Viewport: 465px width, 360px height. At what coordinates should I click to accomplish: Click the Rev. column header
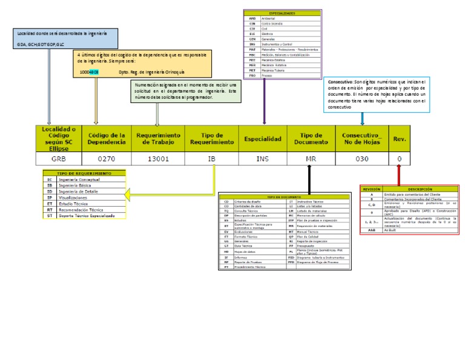click(x=400, y=139)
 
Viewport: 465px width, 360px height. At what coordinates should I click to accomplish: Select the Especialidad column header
click(x=262, y=139)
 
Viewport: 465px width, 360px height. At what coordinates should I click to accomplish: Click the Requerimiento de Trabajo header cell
click(x=158, y=139)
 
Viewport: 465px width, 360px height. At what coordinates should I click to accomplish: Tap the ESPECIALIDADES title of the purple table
click(x=282, y=13)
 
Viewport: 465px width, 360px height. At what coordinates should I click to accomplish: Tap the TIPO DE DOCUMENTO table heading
click(x=284, y=197)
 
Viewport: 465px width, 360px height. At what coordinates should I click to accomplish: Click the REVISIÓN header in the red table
click(x=372, y=189)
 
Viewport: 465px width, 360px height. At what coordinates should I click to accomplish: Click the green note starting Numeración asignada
click(x=186, y=92)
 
